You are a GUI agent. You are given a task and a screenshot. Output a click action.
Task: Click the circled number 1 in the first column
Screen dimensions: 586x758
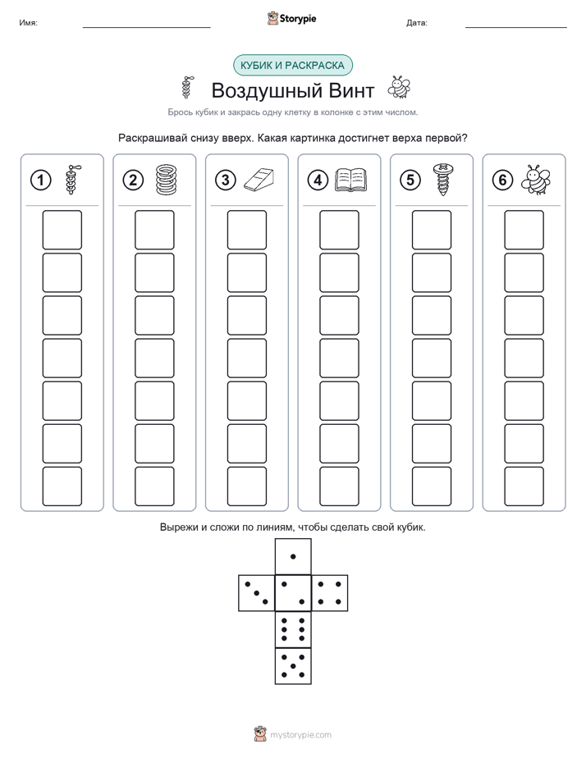pyautogui.click(x=40, y=180)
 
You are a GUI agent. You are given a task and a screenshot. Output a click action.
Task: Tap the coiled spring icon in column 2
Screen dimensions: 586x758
pyautogui.click(x=167, y=180)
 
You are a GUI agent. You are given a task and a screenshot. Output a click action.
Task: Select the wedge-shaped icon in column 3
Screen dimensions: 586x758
pyautogui.click(x=259, y=180)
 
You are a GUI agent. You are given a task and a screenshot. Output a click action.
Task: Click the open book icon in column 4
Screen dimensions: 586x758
pyautogui.click(x=351, y=180)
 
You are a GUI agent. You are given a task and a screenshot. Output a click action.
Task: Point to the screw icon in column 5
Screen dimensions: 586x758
pyautogui.click(x=442, y=180)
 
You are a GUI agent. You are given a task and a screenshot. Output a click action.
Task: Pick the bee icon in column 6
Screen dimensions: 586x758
pyautogui.click(x=536, y=180)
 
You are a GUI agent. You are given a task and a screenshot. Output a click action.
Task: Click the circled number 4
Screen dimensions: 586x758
pyautogui.click(x=318, y=180)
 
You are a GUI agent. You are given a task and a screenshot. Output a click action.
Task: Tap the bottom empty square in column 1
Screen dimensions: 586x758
pyautogui.click(x=62, y=486)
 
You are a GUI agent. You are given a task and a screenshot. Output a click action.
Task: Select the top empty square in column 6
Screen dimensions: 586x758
pyautogui.click(x=524, y=230)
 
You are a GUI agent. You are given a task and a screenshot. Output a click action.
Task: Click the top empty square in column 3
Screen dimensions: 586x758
pyautogui.click(x=247, y=230)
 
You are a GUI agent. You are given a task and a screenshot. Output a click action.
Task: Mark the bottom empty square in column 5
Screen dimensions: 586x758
pyautogui.click(x=432, y=486)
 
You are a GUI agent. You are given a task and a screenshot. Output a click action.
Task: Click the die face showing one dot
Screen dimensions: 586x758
pyautogui.click(x=293, y=556)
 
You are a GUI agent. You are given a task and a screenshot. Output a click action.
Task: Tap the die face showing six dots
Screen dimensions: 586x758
pyautogui.click(x=293, y=629)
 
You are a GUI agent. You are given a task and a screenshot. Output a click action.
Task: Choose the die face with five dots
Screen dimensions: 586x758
pyautogui.click(x=293, y=666)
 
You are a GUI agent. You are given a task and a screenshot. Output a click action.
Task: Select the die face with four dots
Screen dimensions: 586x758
pyautogui.click(x=330, y=593)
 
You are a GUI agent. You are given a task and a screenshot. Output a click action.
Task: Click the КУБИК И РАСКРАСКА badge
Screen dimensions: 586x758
pyautogui.click(x=293, y=66)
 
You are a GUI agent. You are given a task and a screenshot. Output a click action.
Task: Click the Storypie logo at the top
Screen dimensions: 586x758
pyautogui.click(x=291, y=18)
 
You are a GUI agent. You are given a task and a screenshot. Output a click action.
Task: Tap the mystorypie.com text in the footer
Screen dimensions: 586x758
pyautogui.click(x=300, y=735)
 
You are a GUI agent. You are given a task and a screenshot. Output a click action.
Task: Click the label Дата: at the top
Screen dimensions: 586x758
pyautogui.click(x=417, y=23)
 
